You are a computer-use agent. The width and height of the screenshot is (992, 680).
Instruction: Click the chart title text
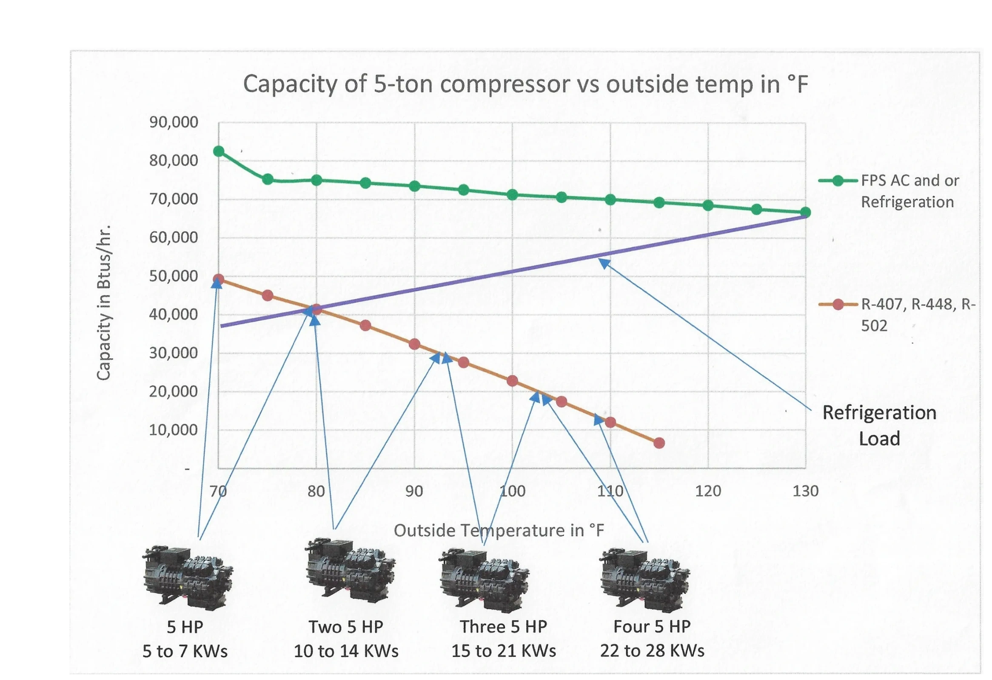(x=525, y=84)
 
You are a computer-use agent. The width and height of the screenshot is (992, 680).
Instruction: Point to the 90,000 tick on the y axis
(x=174, y=123)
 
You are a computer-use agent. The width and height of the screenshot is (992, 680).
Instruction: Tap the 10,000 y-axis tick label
(x=174, y=430)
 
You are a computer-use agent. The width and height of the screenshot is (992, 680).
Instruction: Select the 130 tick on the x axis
(x=805, y=491)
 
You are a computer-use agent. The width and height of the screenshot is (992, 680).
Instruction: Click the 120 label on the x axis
(x=708, y=491)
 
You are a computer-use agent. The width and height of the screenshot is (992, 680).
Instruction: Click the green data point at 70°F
(x=219, y=151)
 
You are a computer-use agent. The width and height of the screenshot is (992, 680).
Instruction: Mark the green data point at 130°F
(x=805, y=212)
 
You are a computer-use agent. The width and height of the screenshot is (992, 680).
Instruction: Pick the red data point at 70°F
(x=219, y=280)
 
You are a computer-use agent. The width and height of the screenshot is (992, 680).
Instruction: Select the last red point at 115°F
(x=659, y=443)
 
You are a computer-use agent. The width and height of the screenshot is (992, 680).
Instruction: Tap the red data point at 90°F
(x=414, y=344)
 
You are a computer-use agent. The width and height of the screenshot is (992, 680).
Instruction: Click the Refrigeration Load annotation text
(x=879, y=426)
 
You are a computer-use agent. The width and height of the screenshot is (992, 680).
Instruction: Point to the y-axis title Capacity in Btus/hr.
(x=104, y=302)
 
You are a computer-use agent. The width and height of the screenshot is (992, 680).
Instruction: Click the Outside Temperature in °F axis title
(x=499, y=531)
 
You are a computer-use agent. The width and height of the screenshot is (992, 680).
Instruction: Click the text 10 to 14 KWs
(x=346, y=651)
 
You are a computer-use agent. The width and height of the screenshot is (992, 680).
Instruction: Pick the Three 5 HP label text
(x=503, y=627)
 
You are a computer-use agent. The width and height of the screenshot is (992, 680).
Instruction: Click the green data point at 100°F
(x=512, y=195)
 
